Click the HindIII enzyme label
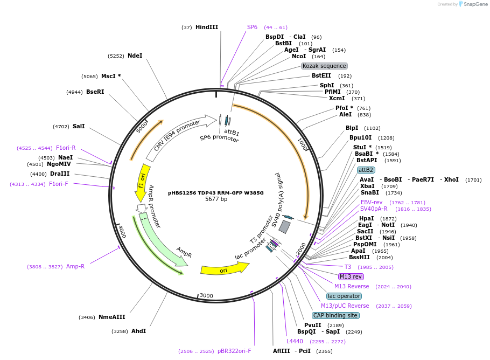[206, 27]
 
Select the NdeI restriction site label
[135, 56]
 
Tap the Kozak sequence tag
[324, 66]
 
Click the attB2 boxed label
[366, 170]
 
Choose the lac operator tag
[344, 296]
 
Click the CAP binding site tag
[335, 315]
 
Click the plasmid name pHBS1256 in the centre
[215, 192]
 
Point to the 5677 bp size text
[216, 199]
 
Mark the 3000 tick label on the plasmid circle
[206, 296]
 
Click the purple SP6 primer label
[252, 27]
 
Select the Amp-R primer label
[75, 266]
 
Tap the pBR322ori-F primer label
[234, 351]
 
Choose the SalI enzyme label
[79, 126]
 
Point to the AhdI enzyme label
[138, 331]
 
